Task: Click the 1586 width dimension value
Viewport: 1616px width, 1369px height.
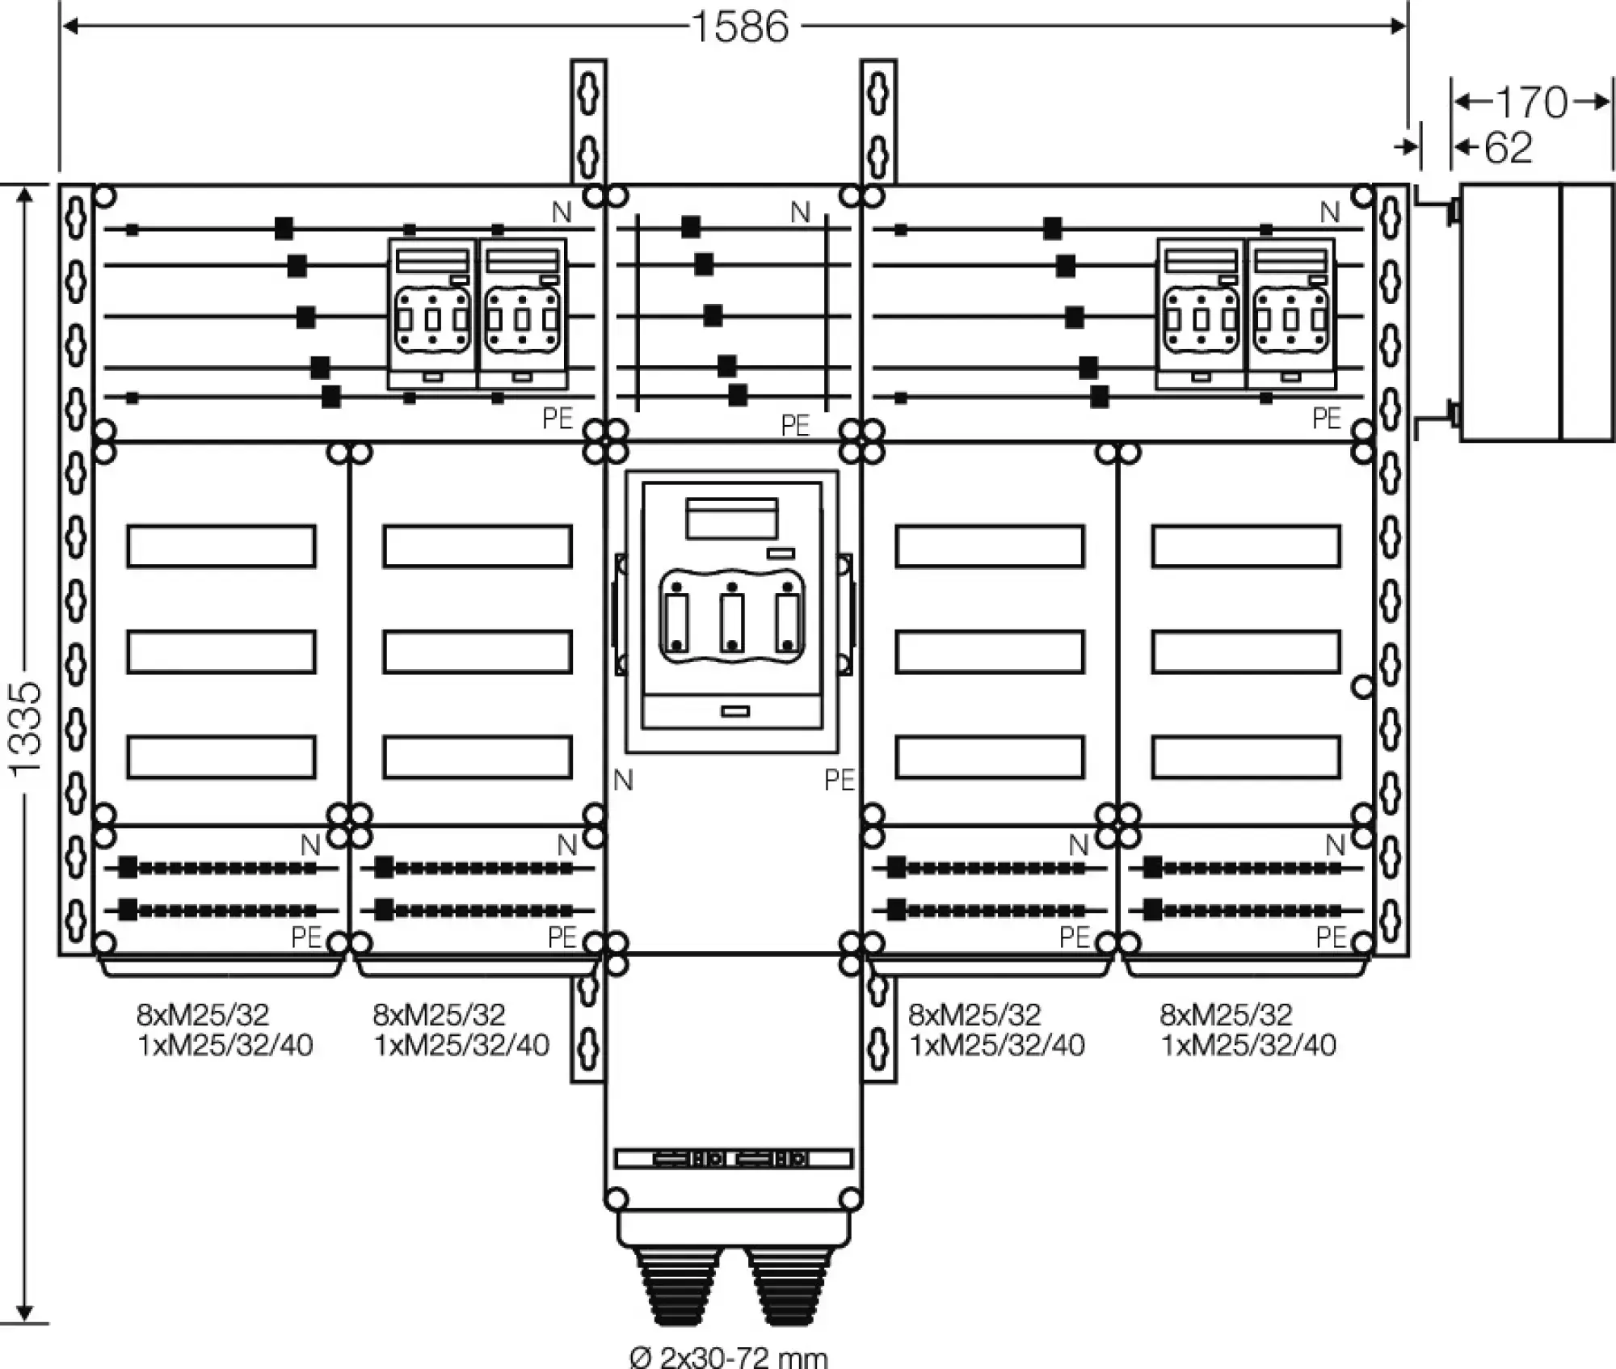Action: coord(740,27)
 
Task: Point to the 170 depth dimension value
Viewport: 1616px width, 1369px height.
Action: coord(1531,103)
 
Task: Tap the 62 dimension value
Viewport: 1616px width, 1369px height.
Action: coord(1509,148)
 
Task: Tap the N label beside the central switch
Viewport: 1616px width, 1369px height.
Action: coord(623,781)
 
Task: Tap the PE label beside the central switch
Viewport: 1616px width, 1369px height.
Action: coord(840,781)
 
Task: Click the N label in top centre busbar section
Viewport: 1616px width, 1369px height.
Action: coord(800,213)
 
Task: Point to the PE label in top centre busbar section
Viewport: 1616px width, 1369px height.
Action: coord(796,426)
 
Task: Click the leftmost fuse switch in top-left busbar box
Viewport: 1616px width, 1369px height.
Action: coord(432,314)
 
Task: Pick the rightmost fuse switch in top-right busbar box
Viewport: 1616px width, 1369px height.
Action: coord(1291,314)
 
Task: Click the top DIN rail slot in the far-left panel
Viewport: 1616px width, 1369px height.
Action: coord(221,546)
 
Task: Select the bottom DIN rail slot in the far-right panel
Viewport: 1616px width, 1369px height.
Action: coord(1246,757)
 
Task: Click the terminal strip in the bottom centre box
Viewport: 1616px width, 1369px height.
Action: coord(734,1159)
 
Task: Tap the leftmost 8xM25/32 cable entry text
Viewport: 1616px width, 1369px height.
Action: coord(202,1014)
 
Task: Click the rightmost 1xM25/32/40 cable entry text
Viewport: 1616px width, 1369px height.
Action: coord(1248,1046)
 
